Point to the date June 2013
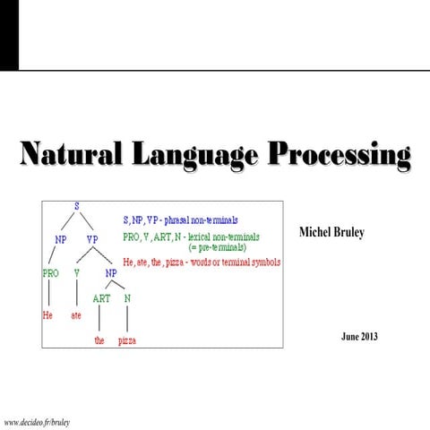(360, 337)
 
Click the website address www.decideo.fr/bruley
(38, 420)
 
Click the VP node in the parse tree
(92, 240)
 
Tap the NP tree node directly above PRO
(61, 240)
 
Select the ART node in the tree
(100, 298)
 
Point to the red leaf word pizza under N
(127, 341)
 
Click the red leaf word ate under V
(78, 316)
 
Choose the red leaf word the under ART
(99, 341)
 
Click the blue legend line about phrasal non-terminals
(185, 218)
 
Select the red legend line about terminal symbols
(201, 262)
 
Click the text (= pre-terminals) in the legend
(217, 247)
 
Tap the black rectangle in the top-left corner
(8, 35)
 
